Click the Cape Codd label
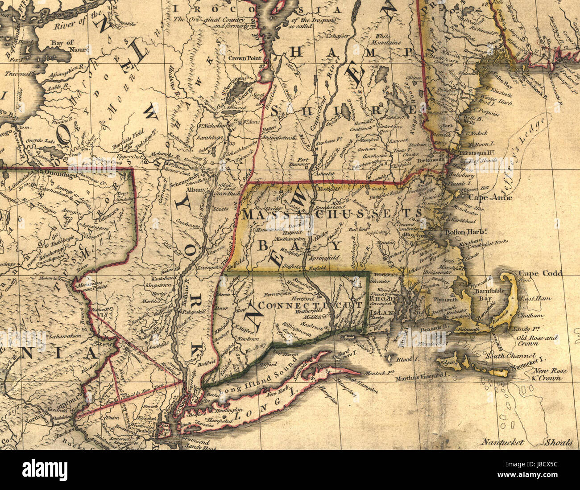point(540,273)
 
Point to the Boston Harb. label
point(466,232)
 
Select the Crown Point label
point(244,58)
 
